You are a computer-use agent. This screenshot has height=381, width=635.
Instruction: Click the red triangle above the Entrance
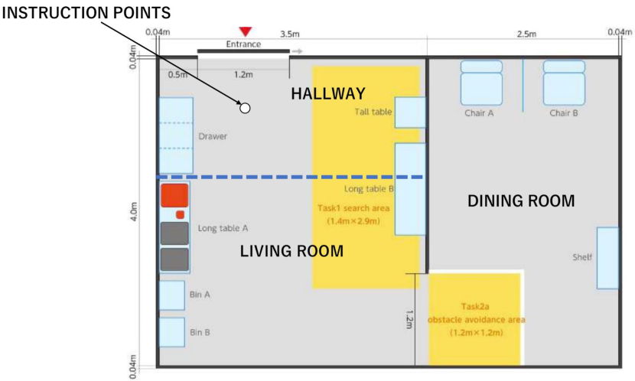(x=246, y=31)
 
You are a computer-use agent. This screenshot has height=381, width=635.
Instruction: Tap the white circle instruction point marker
(x=245, y=108)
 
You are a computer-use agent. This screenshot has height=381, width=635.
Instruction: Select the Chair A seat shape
(x=481, y=83)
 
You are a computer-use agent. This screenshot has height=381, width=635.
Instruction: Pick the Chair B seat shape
(x=564, y=83)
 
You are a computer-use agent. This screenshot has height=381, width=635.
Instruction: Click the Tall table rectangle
(x=410, y=112)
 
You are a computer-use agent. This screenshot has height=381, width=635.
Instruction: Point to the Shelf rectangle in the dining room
(x=608, y=258)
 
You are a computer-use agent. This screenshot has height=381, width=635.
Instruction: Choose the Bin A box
(x=172, y=295)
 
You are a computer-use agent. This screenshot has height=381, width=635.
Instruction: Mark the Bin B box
(x=172, y=332)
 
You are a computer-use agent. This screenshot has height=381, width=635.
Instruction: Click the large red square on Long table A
(x=174, y=196)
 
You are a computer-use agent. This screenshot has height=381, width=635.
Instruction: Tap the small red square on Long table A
(x=181, y=214)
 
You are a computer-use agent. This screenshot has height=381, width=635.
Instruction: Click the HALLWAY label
(x=328, y=94)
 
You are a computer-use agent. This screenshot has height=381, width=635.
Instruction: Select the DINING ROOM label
(x=521, y=201)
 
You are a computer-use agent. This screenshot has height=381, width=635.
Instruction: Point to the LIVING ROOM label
(x=291, y=251)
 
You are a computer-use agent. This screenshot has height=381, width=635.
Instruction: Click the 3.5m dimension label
(x=290, y=34)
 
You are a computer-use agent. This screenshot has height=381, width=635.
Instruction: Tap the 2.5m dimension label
(x=526, y=34)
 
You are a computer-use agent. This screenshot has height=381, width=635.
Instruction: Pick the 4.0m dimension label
(x=134, y=211)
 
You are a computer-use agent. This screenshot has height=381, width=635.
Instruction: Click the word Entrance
(x=243, y=44)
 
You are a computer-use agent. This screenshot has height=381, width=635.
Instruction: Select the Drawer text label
(x=213, y=136)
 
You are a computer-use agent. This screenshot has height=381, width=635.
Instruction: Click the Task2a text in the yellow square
(x=475, y=307)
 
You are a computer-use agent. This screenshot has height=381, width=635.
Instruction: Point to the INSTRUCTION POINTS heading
(x=86, y=13)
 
